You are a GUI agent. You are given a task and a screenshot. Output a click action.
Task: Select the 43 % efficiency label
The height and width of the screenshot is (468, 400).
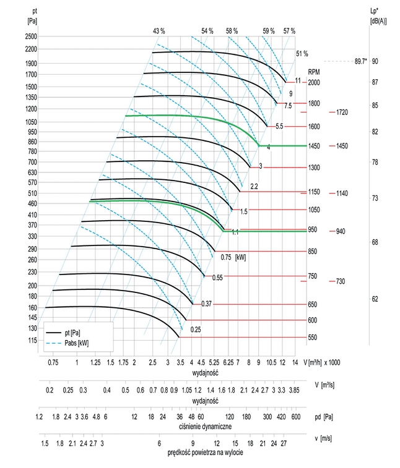pyautogui.click(x=159, y=31)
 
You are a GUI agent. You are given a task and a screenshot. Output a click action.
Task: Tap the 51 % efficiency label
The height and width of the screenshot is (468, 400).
pyautogui.click(x=302, y=54)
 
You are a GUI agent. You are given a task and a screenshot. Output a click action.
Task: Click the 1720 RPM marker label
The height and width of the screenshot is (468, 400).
pyautogui.click(x=343, y=113)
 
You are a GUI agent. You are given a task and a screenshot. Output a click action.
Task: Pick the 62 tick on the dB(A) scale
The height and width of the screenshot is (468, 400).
pyautogui.click(x=375, y=299)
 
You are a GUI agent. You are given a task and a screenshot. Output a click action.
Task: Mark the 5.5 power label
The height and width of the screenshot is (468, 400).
pyautogui.click(x=279, y=126)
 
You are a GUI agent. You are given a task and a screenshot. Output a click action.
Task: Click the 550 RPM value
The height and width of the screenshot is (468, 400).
pyautogui.click(x=313, y=338)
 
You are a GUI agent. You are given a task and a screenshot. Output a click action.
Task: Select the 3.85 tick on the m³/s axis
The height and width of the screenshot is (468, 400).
pyautogui.click(x=294, y=391)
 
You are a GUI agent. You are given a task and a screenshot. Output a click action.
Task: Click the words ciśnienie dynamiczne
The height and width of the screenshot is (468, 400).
pyautogui.click(x=204, y=426)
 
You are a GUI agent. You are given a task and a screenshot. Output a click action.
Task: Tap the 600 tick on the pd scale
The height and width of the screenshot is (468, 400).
pyautogui.click(x=295, y=417)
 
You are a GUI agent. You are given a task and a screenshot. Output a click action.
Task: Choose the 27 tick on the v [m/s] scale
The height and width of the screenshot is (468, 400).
pyautogui.click(x=284, y=444)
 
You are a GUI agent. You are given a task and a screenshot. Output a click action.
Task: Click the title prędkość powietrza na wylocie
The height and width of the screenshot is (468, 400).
pyautogui.click(x=205, y=453)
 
